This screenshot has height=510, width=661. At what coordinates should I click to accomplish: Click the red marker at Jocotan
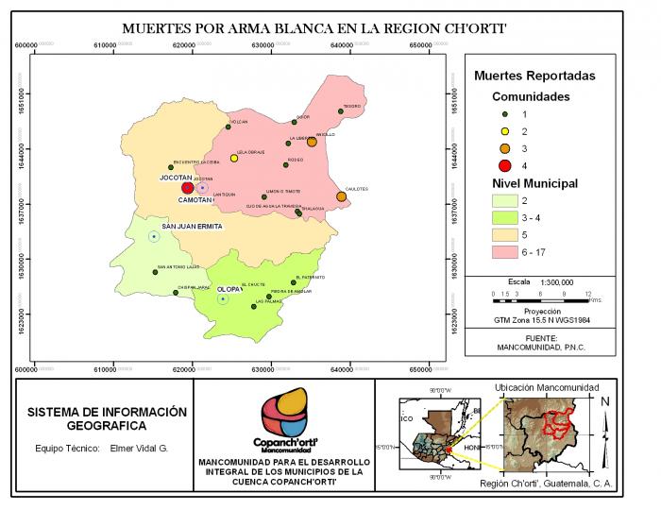(187, 188)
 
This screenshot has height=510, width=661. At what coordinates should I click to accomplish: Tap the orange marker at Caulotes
(341, 196)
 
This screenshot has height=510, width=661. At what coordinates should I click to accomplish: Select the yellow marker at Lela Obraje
(234, 159)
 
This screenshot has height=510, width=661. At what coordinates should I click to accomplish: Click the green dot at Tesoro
(341, 111)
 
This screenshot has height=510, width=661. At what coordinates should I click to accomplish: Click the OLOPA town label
(229, 289)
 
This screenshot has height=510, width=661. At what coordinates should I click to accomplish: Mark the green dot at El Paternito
(296, 281)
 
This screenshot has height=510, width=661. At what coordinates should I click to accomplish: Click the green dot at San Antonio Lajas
(156, 272)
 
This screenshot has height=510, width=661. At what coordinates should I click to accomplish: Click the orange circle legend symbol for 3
(505, 148)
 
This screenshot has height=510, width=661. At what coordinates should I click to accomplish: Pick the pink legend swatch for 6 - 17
(505, 252)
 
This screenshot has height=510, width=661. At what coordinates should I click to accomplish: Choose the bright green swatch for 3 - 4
(505, 217)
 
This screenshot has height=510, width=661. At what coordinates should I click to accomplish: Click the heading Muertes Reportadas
(534, 76)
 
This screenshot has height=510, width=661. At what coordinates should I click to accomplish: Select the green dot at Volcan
(228, 127)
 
